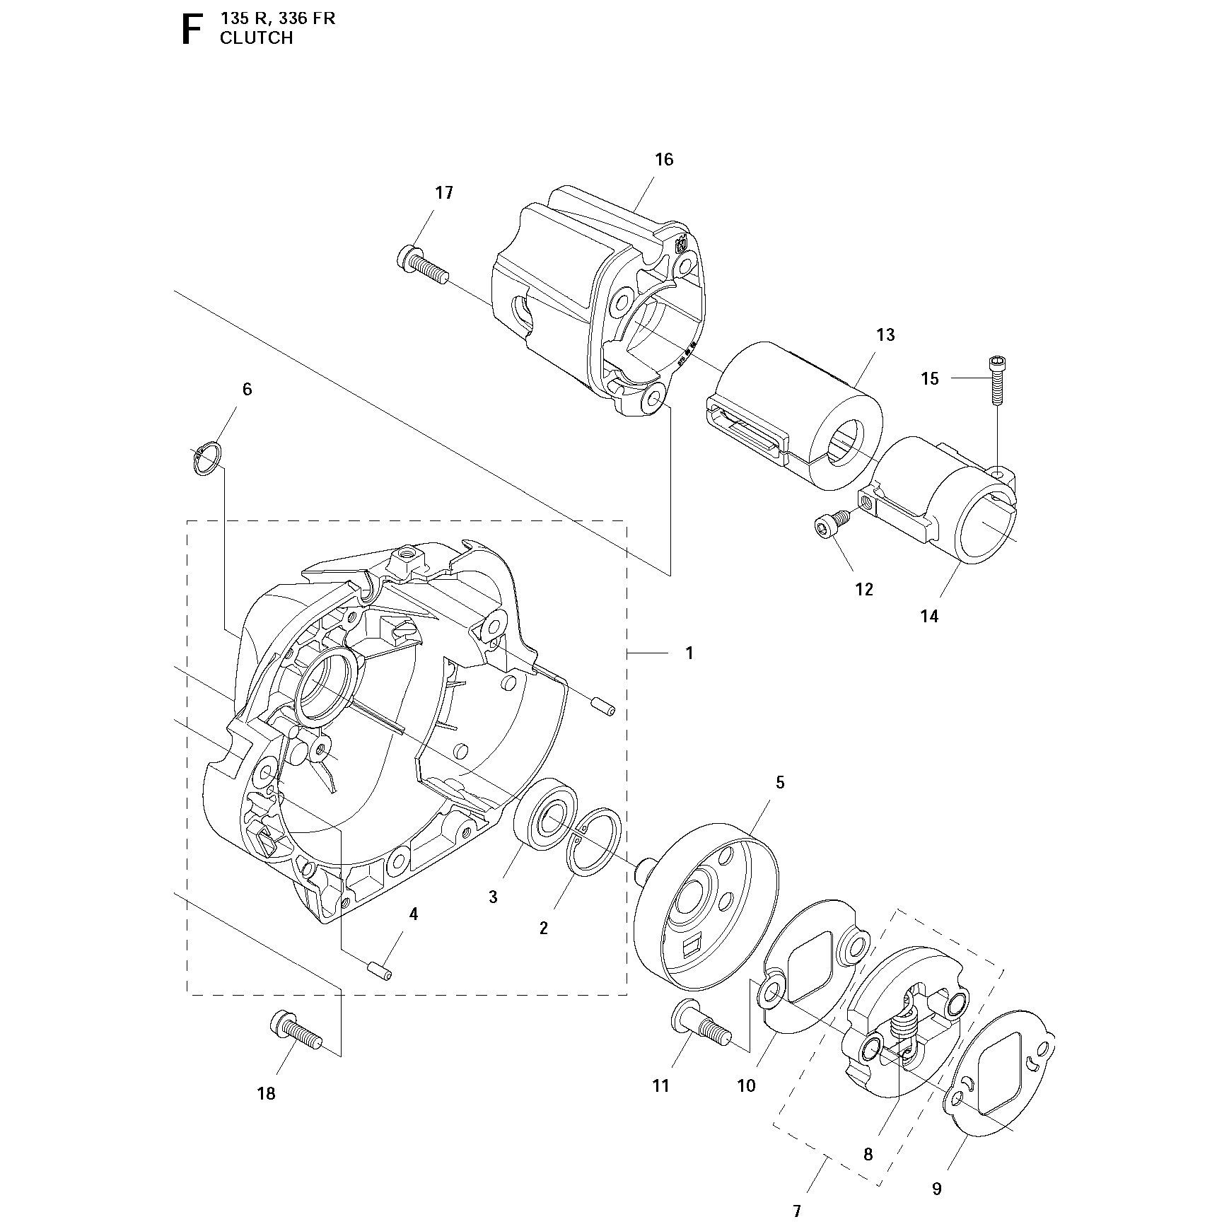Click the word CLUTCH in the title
point(256,38)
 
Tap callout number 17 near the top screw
point(443,192)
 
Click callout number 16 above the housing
point(664,159)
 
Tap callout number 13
point(885,334)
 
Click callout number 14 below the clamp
point(929,616)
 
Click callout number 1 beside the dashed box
point(689,653)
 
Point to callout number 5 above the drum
point(780,782)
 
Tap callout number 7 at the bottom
point(797,1211)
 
